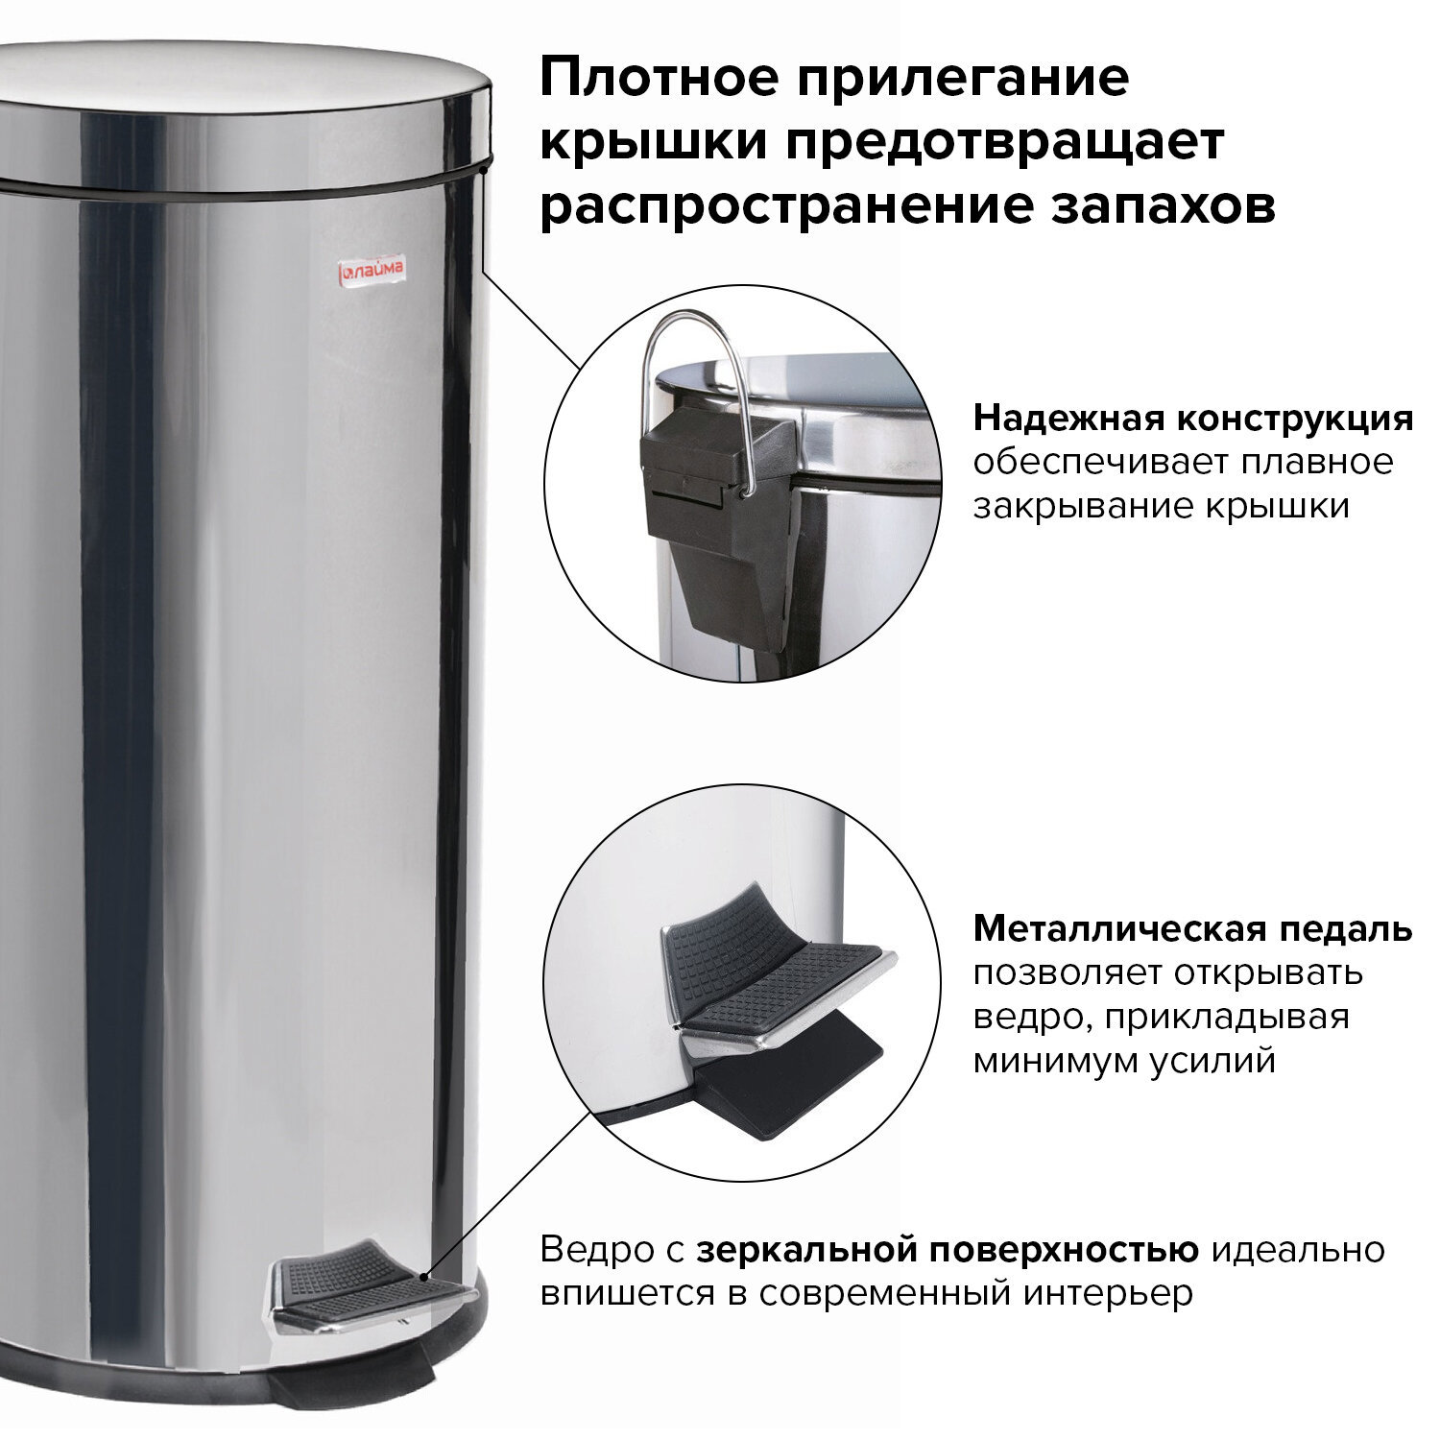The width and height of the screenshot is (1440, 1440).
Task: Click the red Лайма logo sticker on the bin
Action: coord(372,271)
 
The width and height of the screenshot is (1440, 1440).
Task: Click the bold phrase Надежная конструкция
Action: coord(1193,419)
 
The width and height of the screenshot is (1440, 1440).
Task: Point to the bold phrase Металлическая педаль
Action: coord(1192,928)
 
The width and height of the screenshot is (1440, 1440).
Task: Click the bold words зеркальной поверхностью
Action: coord(948,1250)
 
